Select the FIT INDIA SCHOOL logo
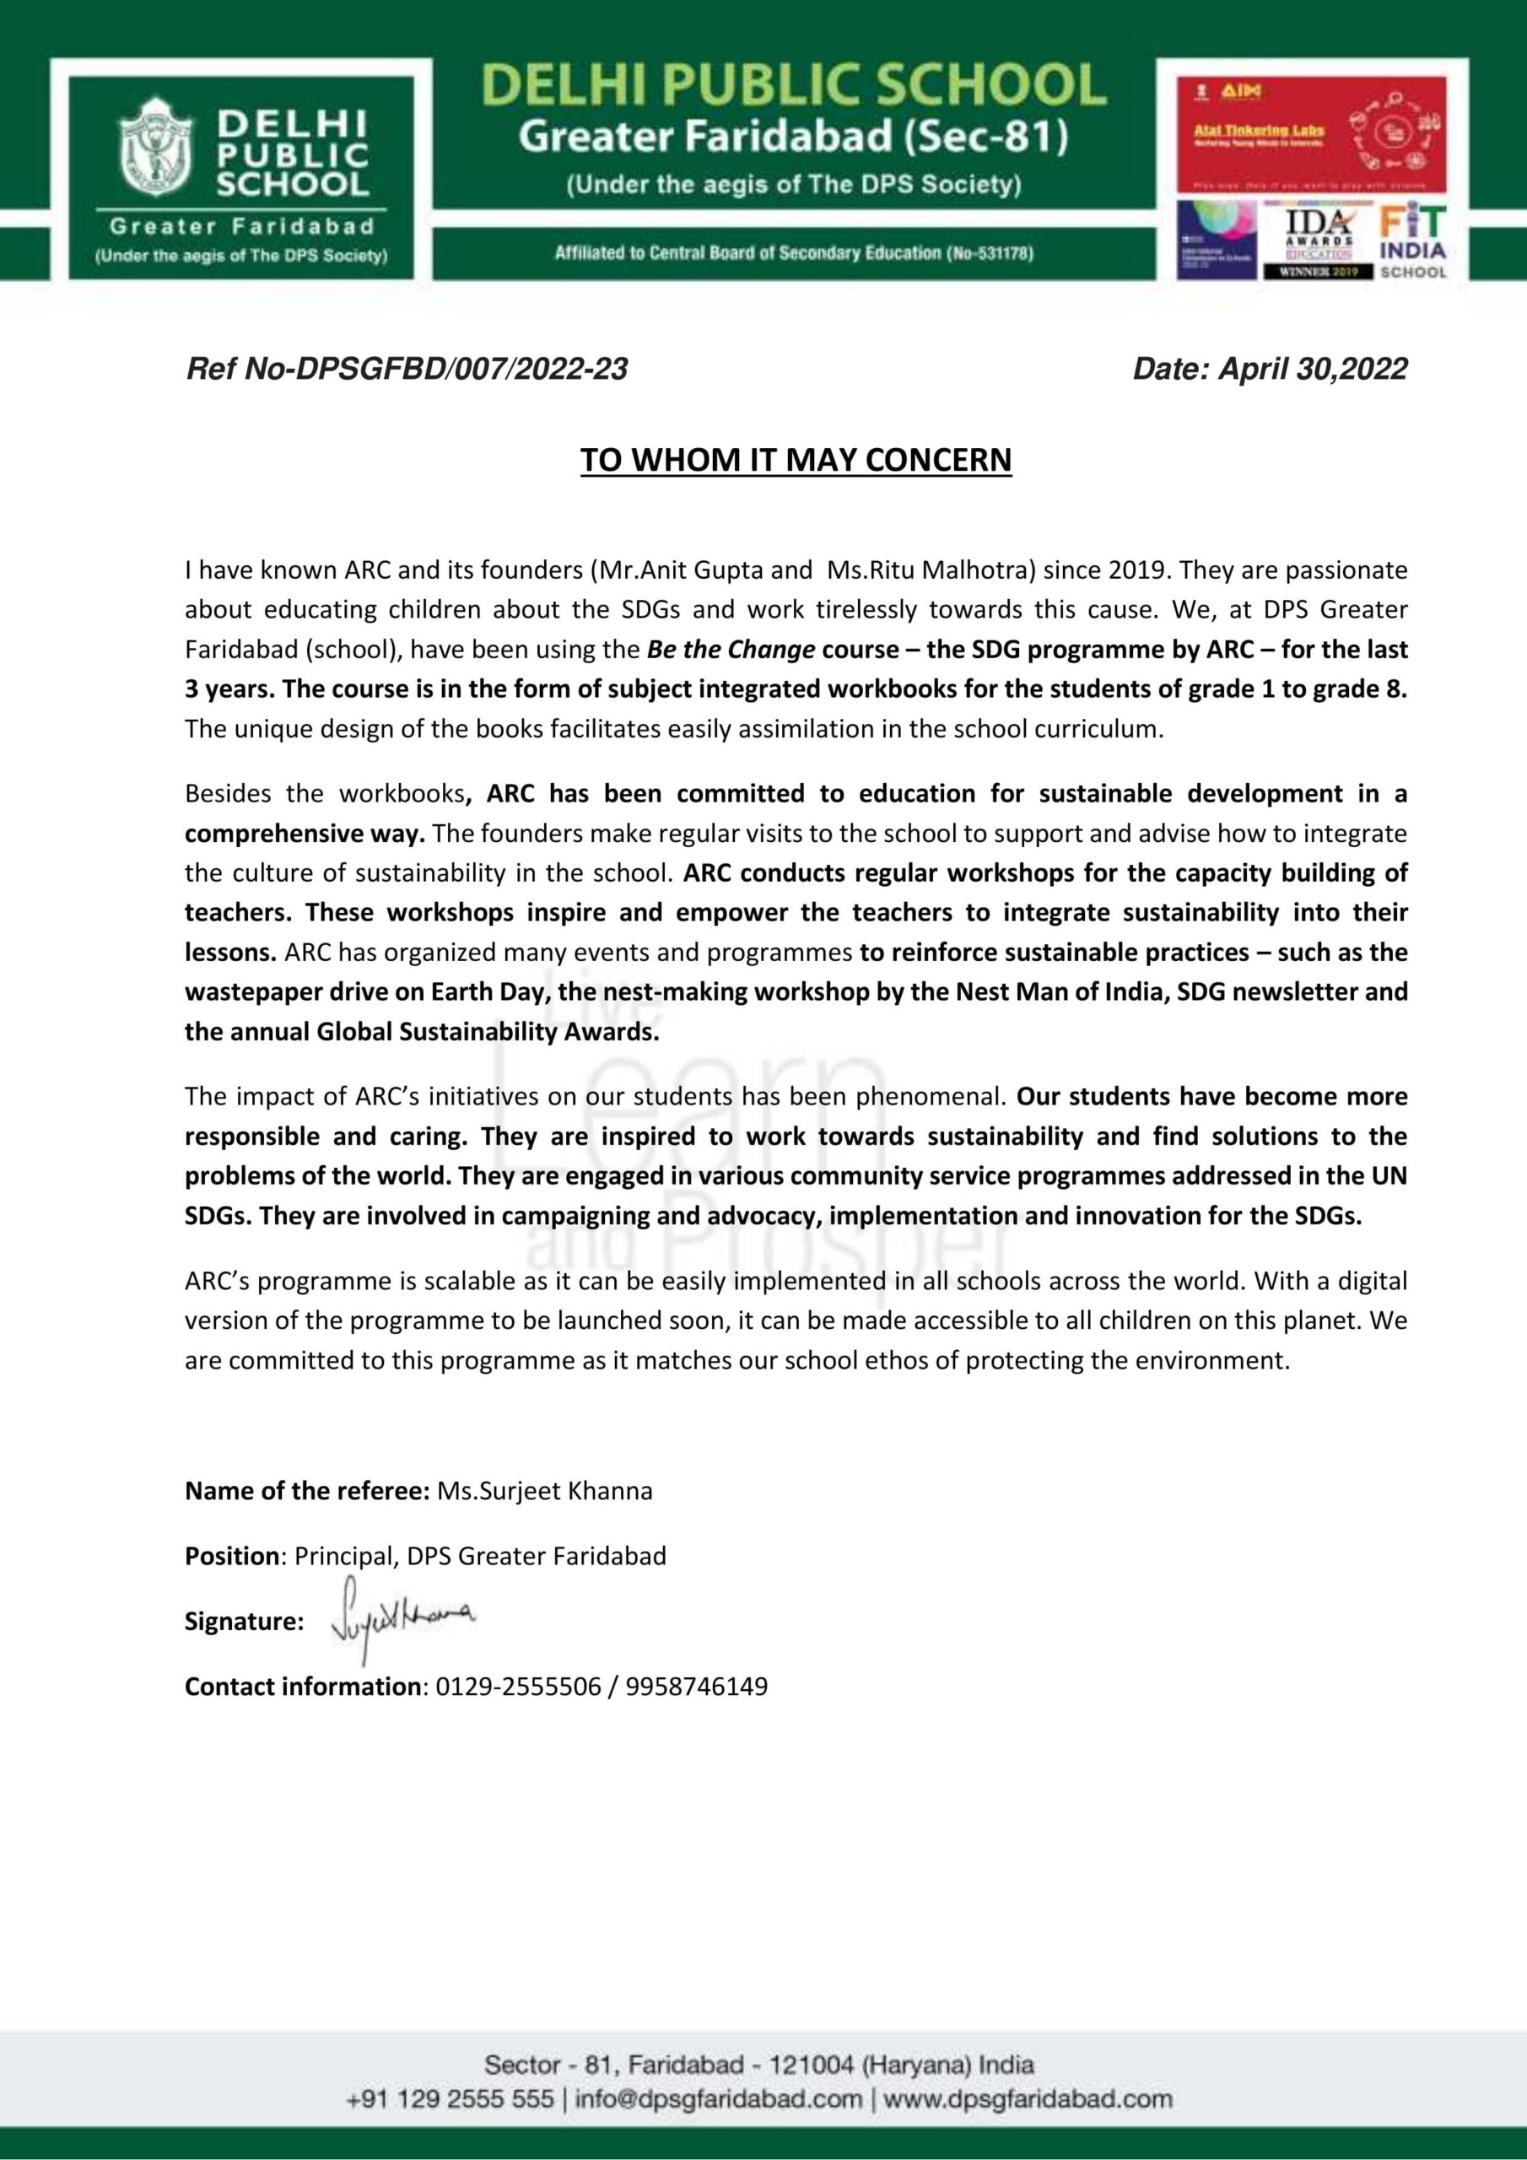1412,243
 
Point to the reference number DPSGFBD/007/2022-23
461,369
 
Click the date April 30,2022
1313,369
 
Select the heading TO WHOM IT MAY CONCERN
795,460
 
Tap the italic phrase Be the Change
731,649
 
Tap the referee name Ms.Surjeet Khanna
545,1491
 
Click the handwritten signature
402,1617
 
